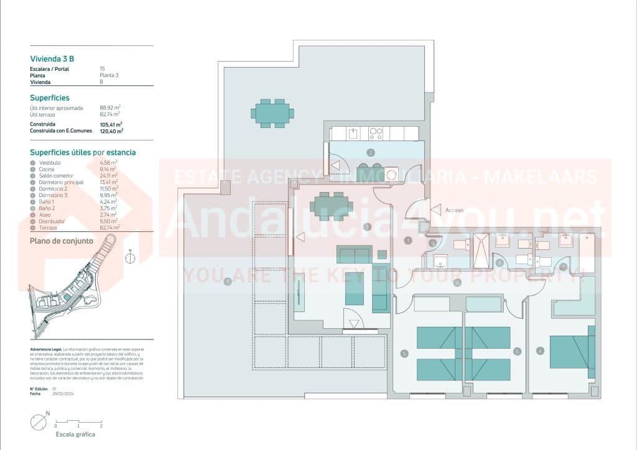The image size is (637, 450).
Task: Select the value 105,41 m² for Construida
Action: point(111,124)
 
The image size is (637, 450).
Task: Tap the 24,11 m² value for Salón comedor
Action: point(109,176)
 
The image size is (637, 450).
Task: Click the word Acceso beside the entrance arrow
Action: point(454,210)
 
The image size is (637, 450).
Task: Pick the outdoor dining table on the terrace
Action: point(272,113)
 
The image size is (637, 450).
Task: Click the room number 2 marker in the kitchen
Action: point(371,152)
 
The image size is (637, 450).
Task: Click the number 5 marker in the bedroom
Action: point(404,354)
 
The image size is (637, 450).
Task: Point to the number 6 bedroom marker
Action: point(517,351)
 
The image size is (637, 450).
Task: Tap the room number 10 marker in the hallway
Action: point(457,283)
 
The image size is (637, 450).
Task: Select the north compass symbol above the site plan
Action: point(130,258)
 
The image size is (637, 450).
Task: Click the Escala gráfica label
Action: point(75,434)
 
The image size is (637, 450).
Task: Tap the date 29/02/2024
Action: point(63,394)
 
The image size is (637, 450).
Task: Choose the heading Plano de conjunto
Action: point(62,241)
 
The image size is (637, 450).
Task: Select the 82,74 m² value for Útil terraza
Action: point(110,114)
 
